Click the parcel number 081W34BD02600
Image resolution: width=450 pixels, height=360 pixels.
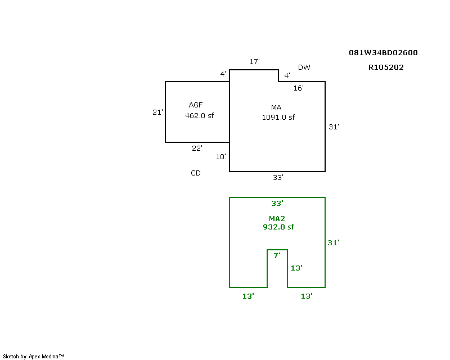pyautogui.click(x=383, y=53)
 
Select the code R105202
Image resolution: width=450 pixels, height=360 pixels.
pyautogui.click(x=386, y=67)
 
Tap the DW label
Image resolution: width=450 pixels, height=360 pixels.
pyautogui.click(x=304, y=67)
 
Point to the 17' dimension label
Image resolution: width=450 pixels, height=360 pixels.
pyautogui.click(x=254, y=61)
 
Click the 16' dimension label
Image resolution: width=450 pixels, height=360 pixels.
pyautogui.click(x=298, y=88)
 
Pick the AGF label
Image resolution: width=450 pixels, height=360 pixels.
pyautogui.click(x=196, y=105)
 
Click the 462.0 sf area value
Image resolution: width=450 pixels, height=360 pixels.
pyautogui.click(x=199, y=116)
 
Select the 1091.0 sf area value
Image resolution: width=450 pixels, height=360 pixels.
pyautogui.click(x=278, y=118)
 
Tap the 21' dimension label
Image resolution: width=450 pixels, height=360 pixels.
pyautogui.click(x=157, y=112)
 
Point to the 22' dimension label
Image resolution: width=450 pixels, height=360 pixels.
pyautogui.click(x=197, y=148)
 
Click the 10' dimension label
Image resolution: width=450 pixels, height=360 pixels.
pyautogui.click(x=220, y=157)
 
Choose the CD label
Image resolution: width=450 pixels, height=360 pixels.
pyautogui.click(x=195, y=173)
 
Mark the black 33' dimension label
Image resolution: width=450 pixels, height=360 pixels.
pyautogui.click(x=278, y=178)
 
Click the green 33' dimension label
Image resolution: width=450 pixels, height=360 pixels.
pyautogui.click(x=277, y=204)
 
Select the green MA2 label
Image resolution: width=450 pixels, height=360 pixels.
pyautogui.click(x=277, y=218)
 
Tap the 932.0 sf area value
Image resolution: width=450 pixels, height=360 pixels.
pyautogui.click(x=278, y=227)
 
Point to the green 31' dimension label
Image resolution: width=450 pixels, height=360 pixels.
pyautogui.click(x=334, y=243)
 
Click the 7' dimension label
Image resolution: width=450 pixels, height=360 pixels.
pyautogui.click(x=277, y=256)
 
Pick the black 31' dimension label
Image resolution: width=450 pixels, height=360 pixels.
pyautogui.click(x=334, y=127)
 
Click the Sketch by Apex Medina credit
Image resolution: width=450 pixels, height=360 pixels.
pyautogui.click(x=33, y=357)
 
